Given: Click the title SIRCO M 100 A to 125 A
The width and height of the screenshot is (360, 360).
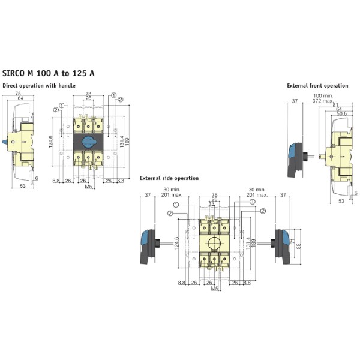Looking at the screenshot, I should [48, 73].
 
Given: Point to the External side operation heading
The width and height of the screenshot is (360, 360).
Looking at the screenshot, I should [169, 178].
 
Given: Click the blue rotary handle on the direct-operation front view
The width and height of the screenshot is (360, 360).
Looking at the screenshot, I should [87, 143].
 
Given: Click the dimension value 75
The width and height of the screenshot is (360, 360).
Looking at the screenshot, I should [19, 94].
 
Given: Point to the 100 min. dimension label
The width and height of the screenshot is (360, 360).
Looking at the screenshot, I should [323, 96].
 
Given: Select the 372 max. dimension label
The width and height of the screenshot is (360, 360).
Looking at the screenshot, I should [322, 101].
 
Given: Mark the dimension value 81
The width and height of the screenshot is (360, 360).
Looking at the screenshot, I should [335, 106].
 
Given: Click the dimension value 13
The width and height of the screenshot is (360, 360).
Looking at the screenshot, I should [212, 204].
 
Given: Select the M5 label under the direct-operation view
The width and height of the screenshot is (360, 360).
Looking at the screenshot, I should [88, 187].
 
